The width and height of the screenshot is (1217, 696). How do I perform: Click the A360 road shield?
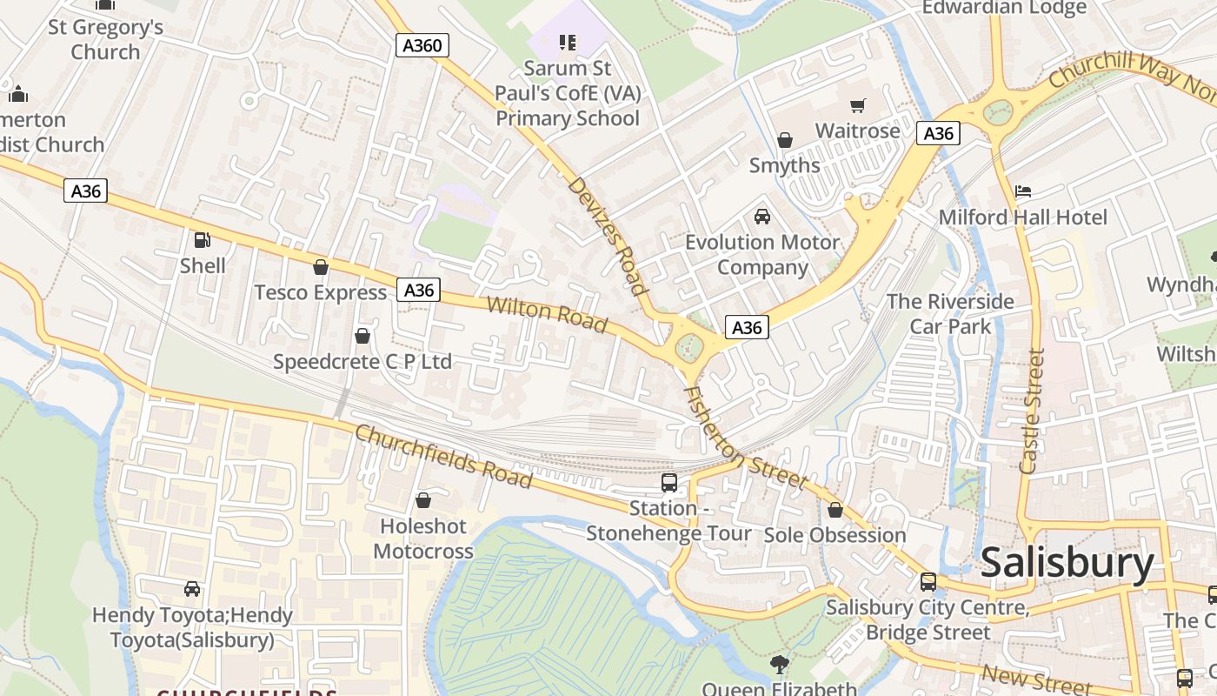(x=423, y=45)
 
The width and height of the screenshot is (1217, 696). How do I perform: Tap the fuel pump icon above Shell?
(x=202, y=240)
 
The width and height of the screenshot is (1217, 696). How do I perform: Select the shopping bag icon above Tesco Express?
(x=321, y=267)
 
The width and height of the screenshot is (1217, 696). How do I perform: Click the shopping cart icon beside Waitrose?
(x=858, y=105)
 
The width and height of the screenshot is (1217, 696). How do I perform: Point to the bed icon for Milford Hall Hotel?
(x=1023, y=191)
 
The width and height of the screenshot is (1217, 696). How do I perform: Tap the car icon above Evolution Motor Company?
(x=762, y=216)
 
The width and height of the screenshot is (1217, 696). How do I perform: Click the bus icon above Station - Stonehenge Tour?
(x=668, y=482)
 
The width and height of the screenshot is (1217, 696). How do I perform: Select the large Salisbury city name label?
(x=1067, y=564)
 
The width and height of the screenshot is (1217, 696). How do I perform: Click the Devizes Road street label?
(x=608, y=237)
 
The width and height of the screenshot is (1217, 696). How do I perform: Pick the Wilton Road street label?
(x=546, y=314)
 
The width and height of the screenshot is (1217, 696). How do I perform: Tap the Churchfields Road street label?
(x=443, y=456)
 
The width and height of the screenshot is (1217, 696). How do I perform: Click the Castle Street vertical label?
(x=1032, y=411)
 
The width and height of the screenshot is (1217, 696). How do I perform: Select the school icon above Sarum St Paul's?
(x=568, y=42)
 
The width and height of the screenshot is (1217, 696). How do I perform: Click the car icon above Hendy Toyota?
(x=192, y=589)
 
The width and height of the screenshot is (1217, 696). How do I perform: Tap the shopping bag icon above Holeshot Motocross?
(x=423, y=500)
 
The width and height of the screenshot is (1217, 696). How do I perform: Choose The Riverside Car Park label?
(x=950, y=313)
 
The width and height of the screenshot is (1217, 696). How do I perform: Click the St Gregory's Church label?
(x=105, y=39)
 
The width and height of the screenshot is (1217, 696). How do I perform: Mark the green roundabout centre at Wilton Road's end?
(x=689, y=347)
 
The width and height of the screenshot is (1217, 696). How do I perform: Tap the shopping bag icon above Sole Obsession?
(x=835, y=509)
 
